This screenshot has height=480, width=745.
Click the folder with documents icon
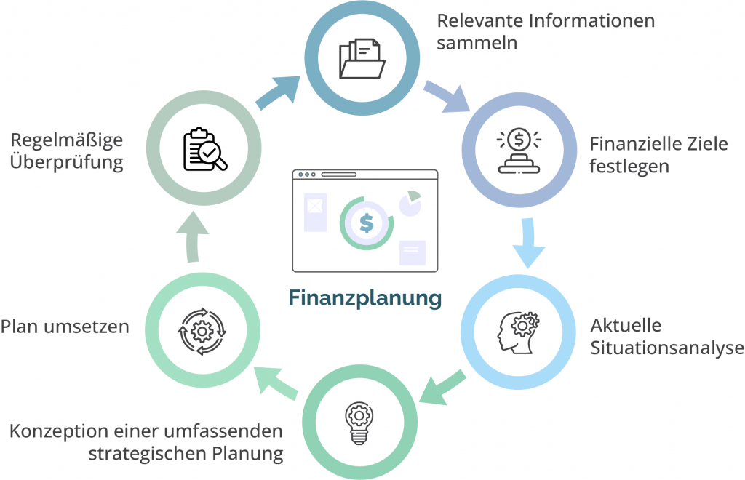pos(362,58)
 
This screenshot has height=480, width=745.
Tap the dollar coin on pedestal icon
pos(519,150)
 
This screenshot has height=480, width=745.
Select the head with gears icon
pos(518,332)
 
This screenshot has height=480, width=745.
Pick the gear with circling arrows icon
pos(202,331)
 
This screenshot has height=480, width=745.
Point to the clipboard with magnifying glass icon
pos(205,149)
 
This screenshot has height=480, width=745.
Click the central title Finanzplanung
pos(365,298)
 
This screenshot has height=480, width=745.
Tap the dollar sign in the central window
pos(367,223)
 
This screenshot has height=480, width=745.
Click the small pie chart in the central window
pos(410,203)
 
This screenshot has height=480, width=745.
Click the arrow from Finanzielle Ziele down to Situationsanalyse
pos(528,243)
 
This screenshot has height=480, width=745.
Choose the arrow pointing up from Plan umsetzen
pos(192,236)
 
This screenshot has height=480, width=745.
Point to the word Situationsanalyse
pos(667,348)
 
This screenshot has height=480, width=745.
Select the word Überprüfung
pos(66,162)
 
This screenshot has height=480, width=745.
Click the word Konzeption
pos(59,432)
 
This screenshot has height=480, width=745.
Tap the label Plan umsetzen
pos(65,327)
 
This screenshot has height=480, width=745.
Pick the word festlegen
pos(629,167)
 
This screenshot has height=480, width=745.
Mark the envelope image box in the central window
pos(315,212)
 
